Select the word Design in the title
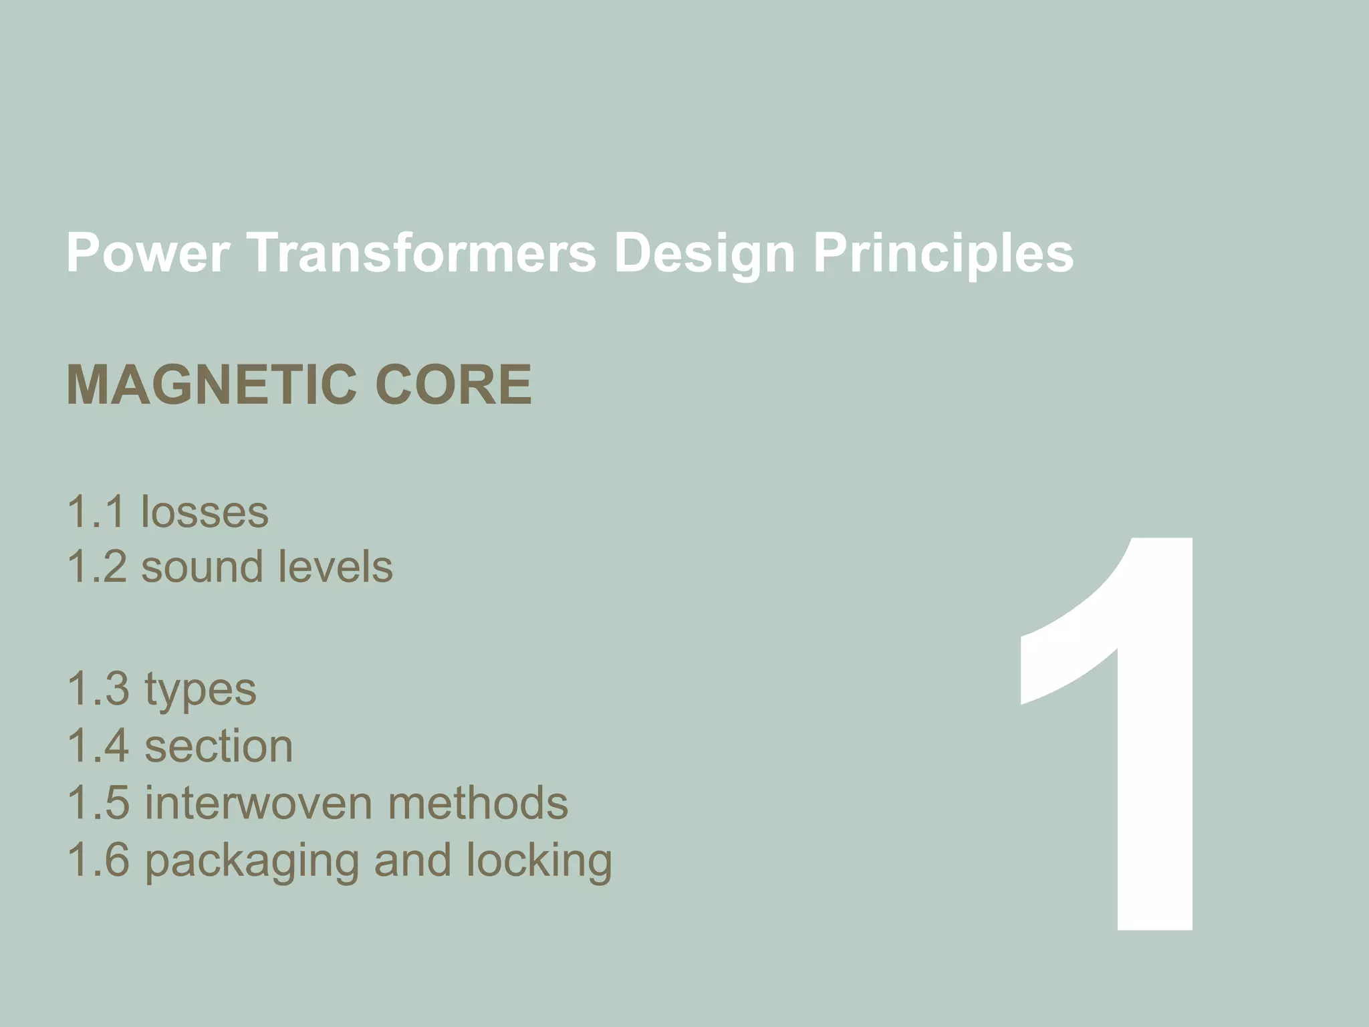pyautogui.click(x=704, y=254)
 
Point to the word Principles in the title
pyautogui.click(x=943, y=254)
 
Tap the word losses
pyautogui.click(x=205, y=512)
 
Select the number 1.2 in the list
pyautogui.click(x=97, y=567)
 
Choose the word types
pyautogui.click(x=201, y=690)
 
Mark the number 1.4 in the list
pyautogui.click(x=98, y=746)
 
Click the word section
pyautogui.click(x=219, y=746)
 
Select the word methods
pyautogui.click(x=478, y=803)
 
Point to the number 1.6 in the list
pyautogui.click(x=98, y=860)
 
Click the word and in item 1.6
pyautogui.click(x=412, y=860)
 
